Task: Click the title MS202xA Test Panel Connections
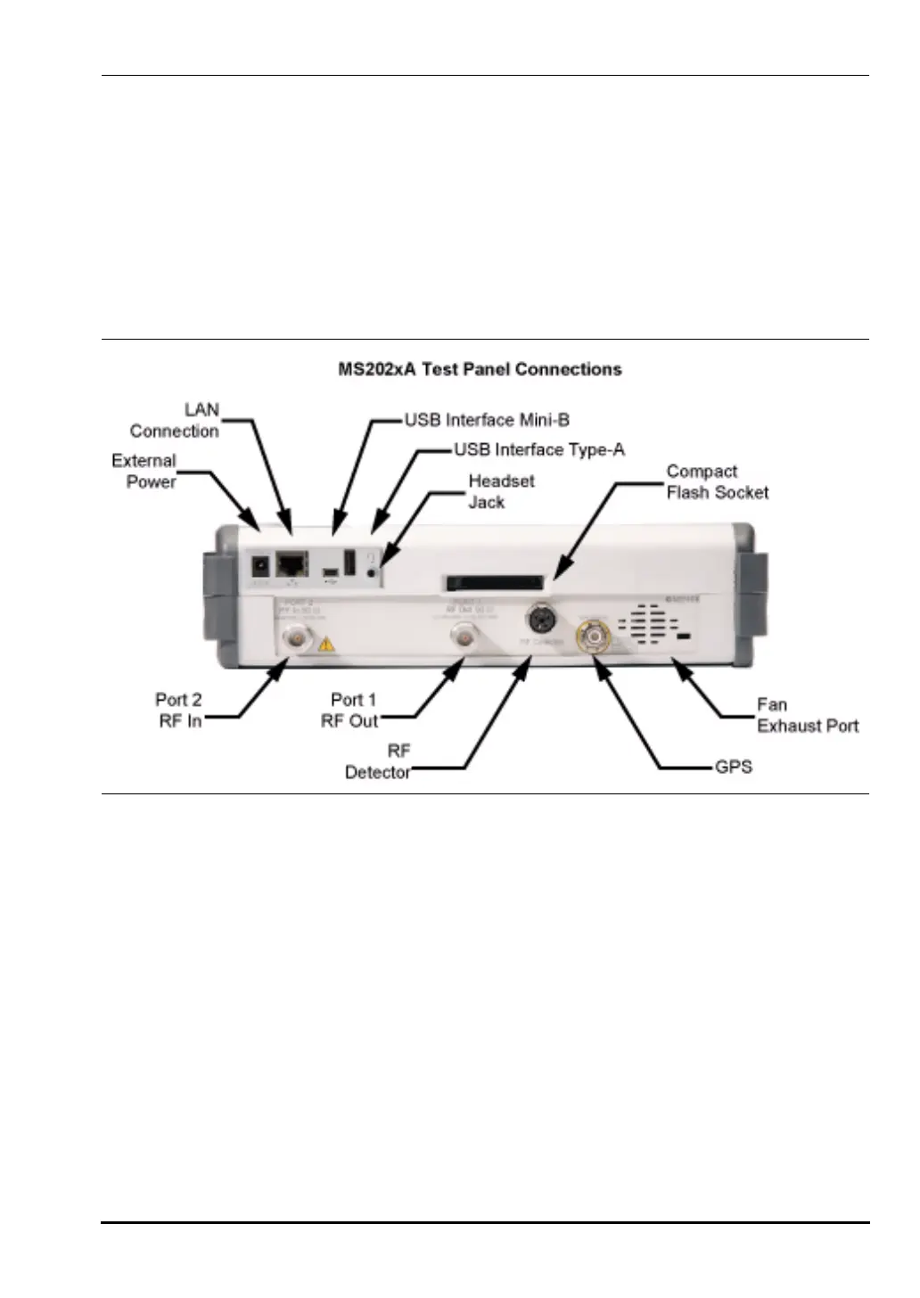480,369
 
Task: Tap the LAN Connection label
176,421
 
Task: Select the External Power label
144,471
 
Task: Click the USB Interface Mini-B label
487,420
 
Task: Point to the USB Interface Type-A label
539,449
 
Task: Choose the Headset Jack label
501,491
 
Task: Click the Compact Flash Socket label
717,481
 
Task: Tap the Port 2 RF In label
179,711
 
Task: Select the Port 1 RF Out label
349,711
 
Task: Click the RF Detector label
378,762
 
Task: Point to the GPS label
734,767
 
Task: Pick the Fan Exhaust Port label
807,715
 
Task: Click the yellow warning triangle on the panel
327,643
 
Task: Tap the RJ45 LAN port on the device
292,563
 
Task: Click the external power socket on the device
260,565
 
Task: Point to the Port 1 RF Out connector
464,637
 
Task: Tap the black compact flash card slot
495,583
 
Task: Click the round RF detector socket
541,617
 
